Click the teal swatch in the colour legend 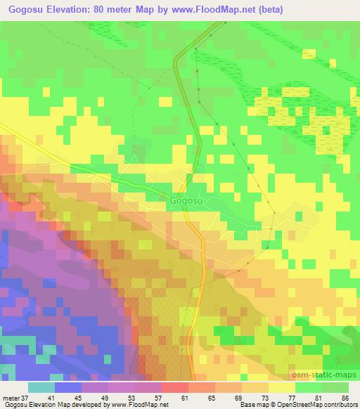[41, 387]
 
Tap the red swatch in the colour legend [175, 387]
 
